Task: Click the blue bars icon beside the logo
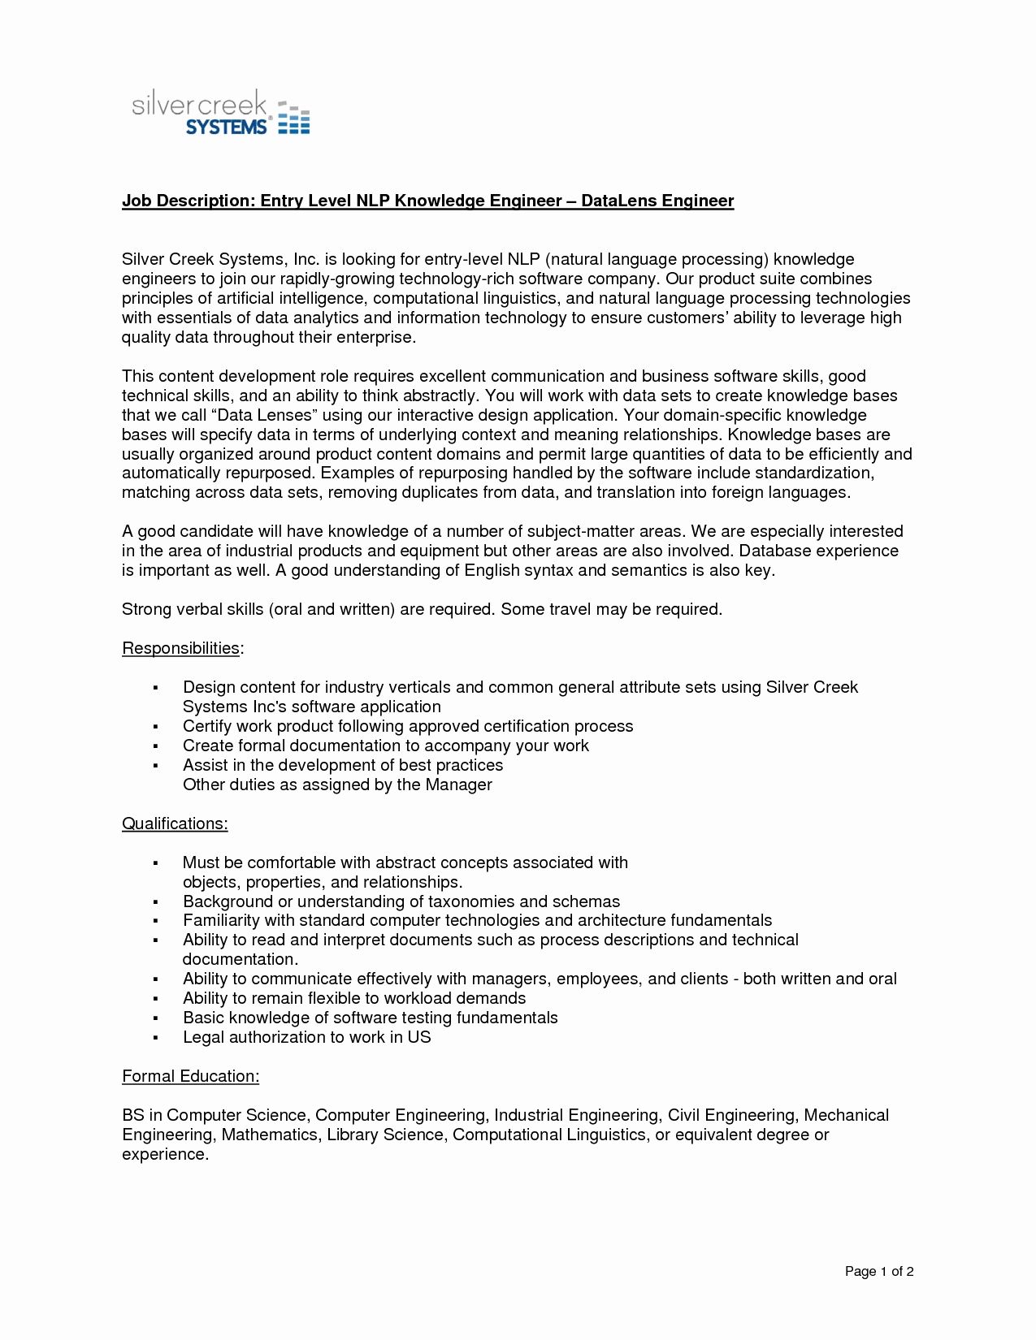293,119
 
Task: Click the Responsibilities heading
181,648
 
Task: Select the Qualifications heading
175,823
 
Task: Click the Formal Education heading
190,1076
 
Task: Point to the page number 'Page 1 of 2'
879,1272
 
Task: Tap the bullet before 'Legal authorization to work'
154,1038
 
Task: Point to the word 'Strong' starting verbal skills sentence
146,609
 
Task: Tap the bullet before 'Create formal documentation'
154,746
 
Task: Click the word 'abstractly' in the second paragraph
437,396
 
